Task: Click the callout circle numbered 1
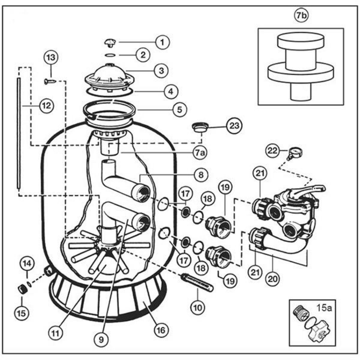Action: (x=162, y=42)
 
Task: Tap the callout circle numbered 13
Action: (x=51, y=57)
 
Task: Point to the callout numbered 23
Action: (x=234, y=126)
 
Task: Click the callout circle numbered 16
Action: (x=161, y=330)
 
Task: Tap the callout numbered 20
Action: (x=273, y=279)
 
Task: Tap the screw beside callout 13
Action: (x=49, y=81)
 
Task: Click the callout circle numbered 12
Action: (x=46, y=106)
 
